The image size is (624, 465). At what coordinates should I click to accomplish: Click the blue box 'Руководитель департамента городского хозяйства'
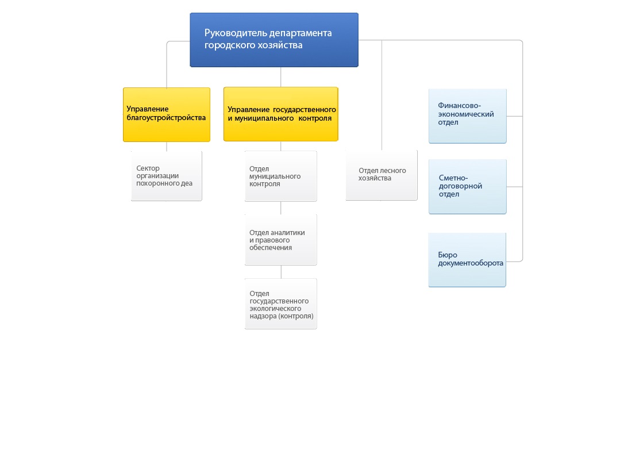274,40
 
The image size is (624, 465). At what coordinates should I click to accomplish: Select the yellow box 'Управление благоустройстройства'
167,114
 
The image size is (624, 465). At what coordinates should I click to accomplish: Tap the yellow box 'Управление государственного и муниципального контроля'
281,114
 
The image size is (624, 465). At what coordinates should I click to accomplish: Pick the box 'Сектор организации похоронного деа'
167,175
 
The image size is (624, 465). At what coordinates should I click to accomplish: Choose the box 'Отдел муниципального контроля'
281,176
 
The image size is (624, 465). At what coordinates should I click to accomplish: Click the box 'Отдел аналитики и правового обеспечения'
281,240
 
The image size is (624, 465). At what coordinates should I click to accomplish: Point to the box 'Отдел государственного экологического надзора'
281,303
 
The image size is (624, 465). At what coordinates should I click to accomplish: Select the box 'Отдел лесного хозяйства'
382,175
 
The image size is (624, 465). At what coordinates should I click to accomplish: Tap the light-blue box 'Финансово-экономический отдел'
468,116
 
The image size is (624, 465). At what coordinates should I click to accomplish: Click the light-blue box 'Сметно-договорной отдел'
468,187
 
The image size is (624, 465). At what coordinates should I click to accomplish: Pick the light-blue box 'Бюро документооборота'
467,260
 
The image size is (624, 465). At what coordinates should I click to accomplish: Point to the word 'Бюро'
448,255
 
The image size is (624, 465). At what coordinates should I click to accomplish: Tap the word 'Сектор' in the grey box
148,168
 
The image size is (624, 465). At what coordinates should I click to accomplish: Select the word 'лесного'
392,170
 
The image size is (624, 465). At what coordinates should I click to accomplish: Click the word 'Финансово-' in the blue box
460,106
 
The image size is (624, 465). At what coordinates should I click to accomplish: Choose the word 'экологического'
275,309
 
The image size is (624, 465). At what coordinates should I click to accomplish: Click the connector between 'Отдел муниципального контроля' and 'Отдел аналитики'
281,208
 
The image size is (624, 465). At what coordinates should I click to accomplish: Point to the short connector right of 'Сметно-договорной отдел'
515,187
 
